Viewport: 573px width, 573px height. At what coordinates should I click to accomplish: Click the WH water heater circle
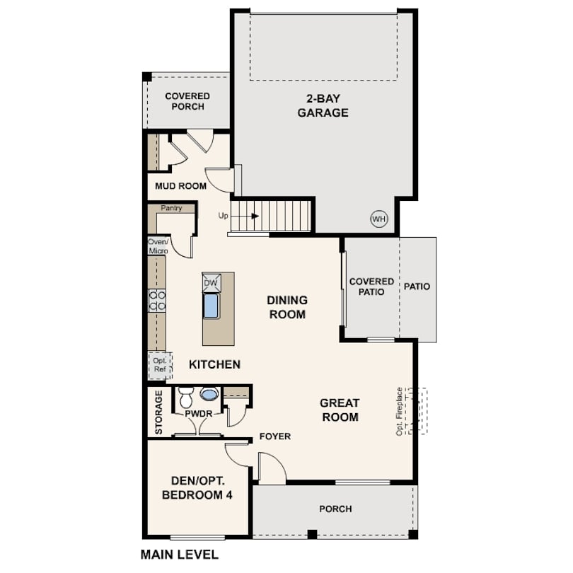click(x=379, y=219)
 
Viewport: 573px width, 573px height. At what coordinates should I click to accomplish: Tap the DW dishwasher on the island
click(x=212, y=282)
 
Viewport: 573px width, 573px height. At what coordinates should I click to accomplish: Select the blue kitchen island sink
click(x=212, y=306)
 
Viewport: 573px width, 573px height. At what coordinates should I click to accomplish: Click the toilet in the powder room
click(x=186, y=398)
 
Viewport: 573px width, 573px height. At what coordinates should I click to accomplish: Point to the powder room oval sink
click(x=209, y=394)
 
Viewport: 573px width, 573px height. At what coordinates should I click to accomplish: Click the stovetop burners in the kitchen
click(x=157, y=301)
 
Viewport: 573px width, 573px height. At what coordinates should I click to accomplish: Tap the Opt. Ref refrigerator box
click(x=160, y=366)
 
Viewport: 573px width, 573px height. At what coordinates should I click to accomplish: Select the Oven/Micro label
click(x=158, y=246)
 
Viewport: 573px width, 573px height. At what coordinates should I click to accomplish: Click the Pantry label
click(x=171, y=208)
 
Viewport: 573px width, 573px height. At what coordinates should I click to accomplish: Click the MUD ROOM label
click(x=180, y=186)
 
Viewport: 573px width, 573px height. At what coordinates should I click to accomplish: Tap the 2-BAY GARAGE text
click(x=323, y=105)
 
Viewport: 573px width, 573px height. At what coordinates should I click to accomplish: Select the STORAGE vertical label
click(x=158, y=412)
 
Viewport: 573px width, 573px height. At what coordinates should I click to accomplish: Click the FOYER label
click(x=275, y=436)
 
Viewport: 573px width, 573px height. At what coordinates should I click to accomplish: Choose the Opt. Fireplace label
click(x=400, y=412)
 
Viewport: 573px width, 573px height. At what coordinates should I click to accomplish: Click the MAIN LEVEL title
click(x=180, y=555)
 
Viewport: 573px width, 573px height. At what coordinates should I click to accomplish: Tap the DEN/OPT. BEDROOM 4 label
click(x=197, y=488)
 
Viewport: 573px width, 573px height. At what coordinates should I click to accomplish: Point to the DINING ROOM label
click(x=287, y=307)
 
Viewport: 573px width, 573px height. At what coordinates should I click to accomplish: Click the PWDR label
click(x=199, y=414)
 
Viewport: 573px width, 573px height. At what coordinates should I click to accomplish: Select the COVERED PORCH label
click(x=187, y=101)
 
